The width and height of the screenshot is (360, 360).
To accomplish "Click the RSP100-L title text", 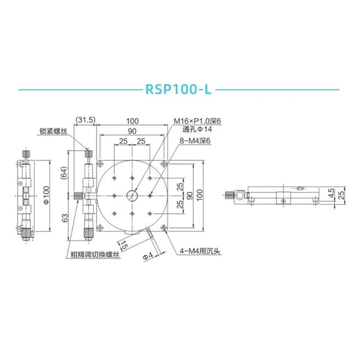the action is pos(179,89).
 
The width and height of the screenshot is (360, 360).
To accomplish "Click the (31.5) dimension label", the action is pos(85,120).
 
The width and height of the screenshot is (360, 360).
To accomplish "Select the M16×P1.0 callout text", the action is pos(197,121).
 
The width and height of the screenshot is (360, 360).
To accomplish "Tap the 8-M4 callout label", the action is pos(195,141).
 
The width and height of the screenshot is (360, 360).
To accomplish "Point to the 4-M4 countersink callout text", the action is pos(200,251).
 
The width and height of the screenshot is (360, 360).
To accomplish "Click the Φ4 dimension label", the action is pos(148,255).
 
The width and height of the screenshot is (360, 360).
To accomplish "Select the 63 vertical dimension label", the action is pos(65,218).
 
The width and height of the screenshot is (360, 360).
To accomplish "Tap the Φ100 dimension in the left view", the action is pos(46,195).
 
